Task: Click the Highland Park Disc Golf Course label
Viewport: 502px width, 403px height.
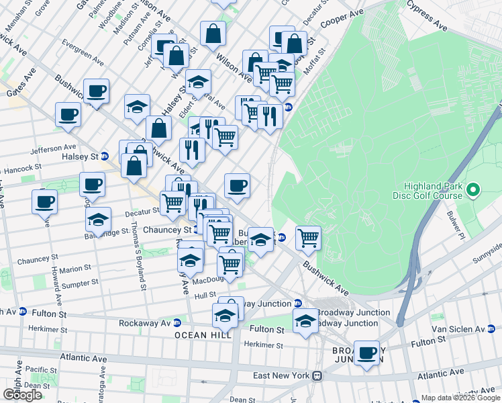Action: (433, 191)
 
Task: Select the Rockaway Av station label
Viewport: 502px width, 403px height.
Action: (144, 323)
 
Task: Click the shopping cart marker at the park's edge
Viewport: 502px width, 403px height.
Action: (308, 237)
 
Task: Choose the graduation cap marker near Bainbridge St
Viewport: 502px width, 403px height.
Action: (99, 220)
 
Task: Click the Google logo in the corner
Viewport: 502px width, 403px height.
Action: (22, 395)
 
